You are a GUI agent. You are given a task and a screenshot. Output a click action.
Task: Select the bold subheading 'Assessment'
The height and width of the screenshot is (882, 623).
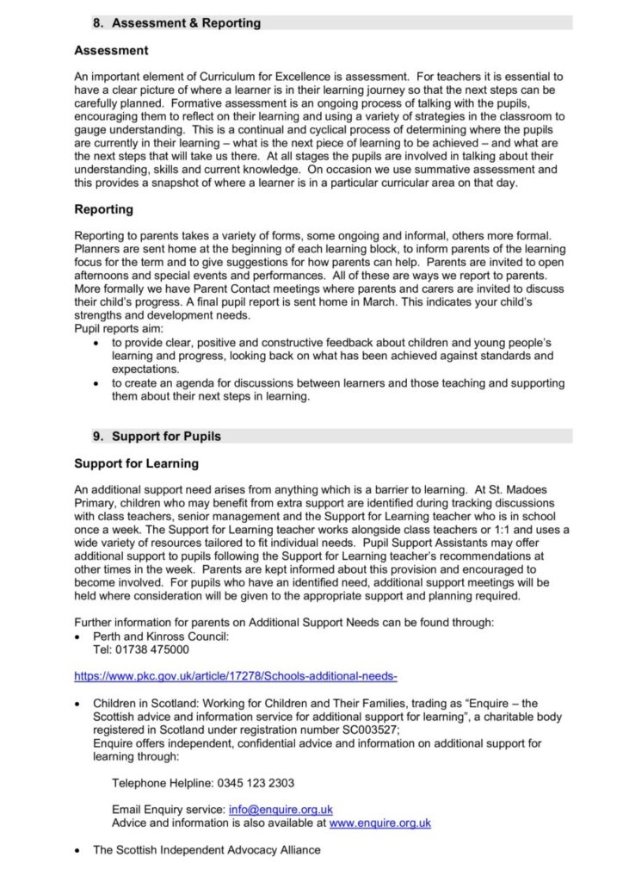[111, 51]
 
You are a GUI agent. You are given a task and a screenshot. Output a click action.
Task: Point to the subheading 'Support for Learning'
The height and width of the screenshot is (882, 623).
[136, 464]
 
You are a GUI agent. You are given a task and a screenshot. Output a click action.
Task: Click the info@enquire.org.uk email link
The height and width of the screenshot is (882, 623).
[281, 810]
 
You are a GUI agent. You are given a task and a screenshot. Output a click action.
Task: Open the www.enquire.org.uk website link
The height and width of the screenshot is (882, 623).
[379, 823]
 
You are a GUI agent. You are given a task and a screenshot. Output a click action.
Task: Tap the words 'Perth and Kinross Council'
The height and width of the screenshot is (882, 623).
[161, 637]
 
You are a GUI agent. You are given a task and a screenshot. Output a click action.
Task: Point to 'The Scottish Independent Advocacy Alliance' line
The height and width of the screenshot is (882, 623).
[207, 850]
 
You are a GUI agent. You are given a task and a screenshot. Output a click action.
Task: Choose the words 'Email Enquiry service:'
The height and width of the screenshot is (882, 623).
[169, 810]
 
